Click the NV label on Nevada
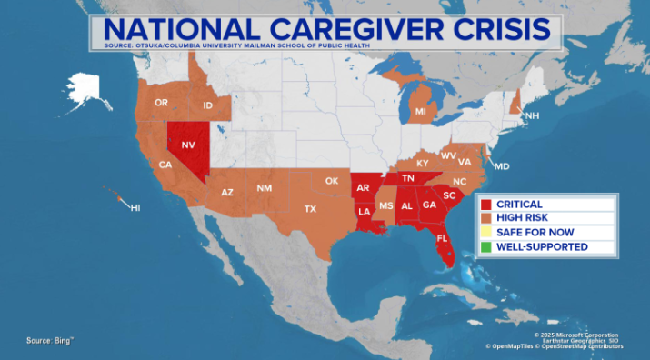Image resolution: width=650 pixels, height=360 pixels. coord(188,145)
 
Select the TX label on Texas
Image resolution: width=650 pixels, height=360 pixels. coord(310,209)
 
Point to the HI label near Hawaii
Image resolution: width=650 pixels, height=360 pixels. coord(135,208)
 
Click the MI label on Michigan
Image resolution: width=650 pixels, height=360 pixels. coord(421,111)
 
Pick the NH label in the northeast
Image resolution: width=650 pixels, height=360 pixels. coord(533,116)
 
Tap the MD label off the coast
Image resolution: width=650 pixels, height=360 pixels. coord(502,166)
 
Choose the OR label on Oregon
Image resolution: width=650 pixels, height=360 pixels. coord(162,103)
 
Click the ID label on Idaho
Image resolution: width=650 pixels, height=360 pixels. coord(207,106)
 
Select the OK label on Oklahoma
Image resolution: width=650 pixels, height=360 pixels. coord(332,181)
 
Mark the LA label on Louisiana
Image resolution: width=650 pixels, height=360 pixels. coord(364,212)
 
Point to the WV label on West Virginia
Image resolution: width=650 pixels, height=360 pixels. coord(449,155)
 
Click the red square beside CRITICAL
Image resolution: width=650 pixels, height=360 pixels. coord(486,205)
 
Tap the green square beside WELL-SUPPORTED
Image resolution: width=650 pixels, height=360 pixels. coord(486,246)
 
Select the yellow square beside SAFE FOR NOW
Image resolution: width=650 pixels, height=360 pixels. coord(486,233)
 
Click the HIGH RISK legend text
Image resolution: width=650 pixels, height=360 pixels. coord(522,218)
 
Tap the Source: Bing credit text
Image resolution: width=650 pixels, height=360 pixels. coord(50,340)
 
